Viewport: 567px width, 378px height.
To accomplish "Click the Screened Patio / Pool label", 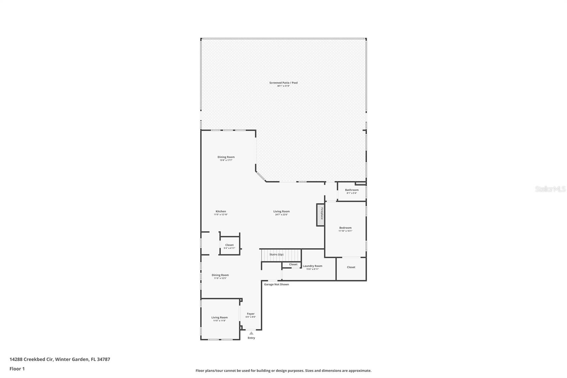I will point(283,83).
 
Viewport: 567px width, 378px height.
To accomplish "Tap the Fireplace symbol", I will point(320,214).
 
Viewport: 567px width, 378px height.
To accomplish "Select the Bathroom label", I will point(352,190).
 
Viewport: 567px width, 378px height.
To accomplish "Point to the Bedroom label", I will point(345,228).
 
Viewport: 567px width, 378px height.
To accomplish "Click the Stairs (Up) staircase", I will point(281,255).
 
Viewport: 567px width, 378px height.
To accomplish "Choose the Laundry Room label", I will point(312,266).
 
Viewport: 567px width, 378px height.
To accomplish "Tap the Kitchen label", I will point(220,212).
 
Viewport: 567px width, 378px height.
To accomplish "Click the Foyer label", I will point(251,314).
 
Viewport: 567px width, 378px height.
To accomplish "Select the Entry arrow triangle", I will point(251,333).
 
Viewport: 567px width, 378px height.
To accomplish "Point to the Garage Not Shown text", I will point(276,284).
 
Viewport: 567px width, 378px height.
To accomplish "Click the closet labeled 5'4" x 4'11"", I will point(229,246).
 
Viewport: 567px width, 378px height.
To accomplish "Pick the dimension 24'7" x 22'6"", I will point(281,215).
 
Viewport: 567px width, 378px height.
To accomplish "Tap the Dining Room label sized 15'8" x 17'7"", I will point(226,157).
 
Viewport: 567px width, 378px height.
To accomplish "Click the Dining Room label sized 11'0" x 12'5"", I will point(220,275).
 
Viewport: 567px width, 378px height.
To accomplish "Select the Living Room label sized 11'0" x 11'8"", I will point(219,318).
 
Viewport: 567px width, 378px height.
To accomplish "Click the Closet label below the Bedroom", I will point(351,267).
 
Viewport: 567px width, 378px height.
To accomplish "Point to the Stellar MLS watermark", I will point(550,189).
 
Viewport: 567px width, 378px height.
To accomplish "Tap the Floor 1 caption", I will point(17,369).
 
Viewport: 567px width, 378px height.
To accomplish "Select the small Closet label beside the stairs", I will point(293,265).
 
